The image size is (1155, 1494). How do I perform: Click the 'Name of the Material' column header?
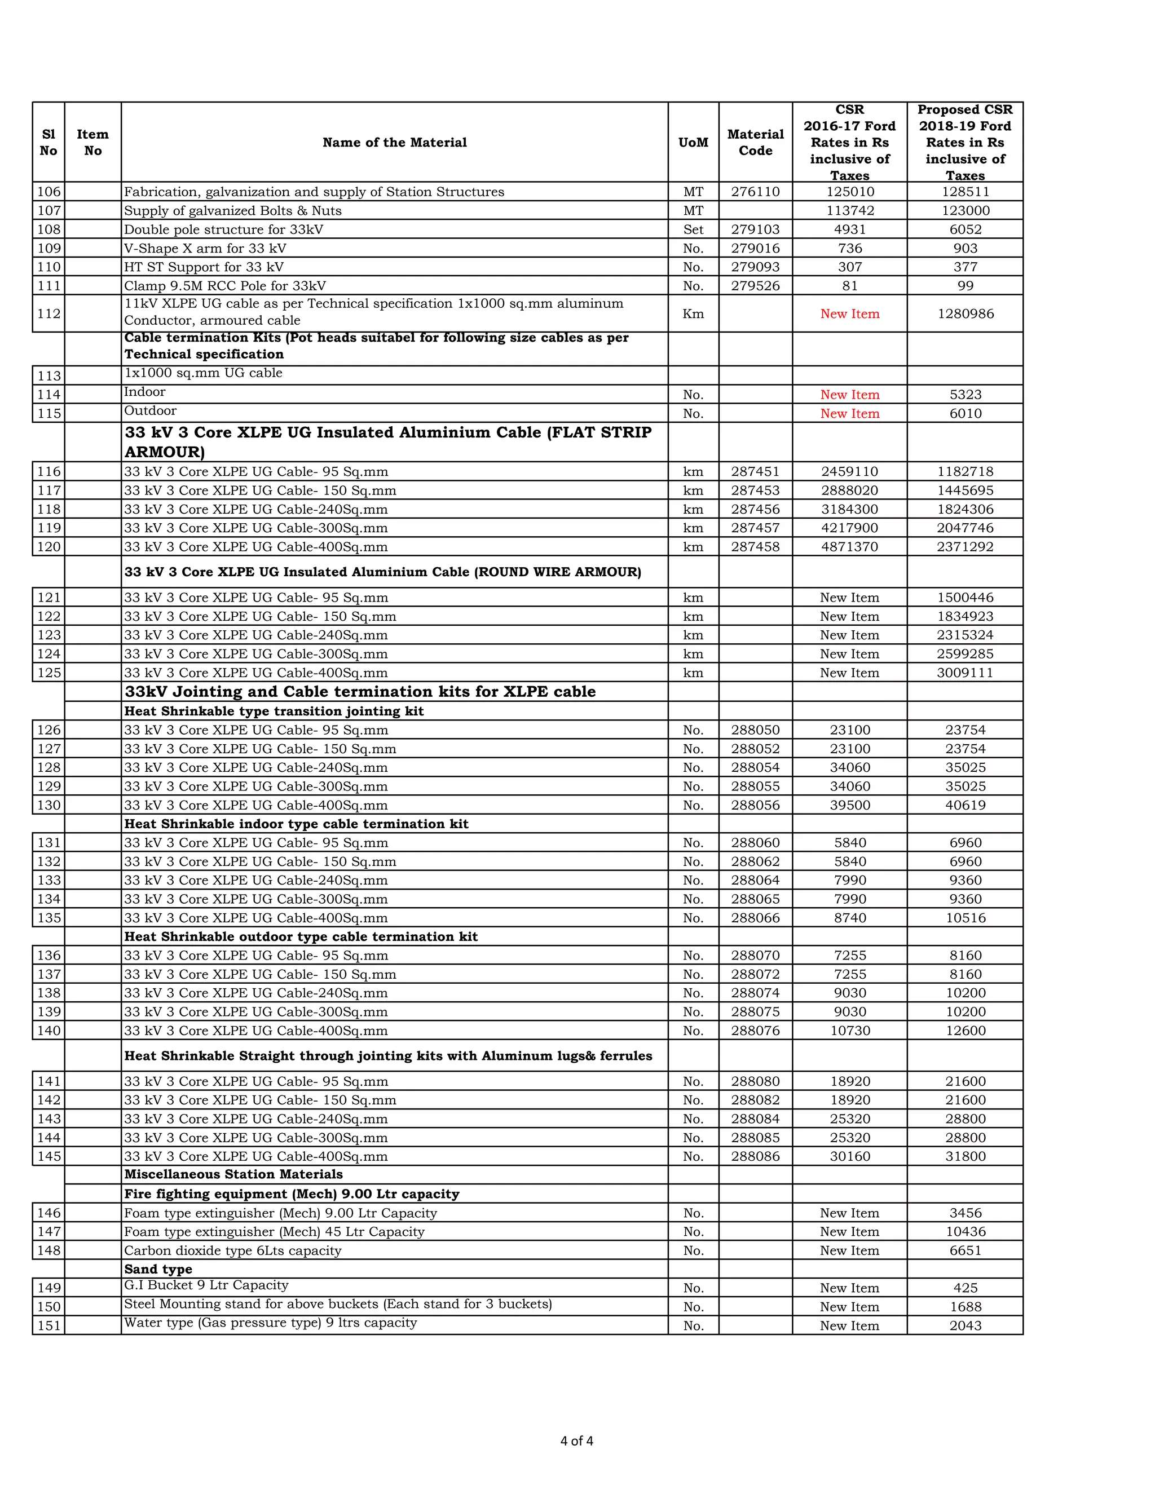[394, 142]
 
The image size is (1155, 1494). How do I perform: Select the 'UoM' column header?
[693, 142]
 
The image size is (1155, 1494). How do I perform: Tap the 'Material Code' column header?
[755, 142]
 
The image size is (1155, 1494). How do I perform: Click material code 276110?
[755, 192]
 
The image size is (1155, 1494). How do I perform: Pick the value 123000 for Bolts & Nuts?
[965, 211]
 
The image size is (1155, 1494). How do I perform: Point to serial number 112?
[49, 314]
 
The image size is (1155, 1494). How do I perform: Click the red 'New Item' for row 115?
[849, 414]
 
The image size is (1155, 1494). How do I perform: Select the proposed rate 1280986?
[965, 314]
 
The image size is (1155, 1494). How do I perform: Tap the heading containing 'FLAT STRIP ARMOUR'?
[387, 442]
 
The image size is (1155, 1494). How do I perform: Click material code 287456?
[755, 510]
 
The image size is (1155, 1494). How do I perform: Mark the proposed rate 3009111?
[965, 673]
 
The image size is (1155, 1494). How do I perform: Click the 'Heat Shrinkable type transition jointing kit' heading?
[274, 711]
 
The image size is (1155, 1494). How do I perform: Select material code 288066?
[755, 918]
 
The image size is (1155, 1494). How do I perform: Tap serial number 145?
[49, 1157]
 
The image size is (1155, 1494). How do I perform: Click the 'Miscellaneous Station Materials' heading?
[233, 1174]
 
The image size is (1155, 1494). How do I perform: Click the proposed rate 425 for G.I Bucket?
[965, 1288]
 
